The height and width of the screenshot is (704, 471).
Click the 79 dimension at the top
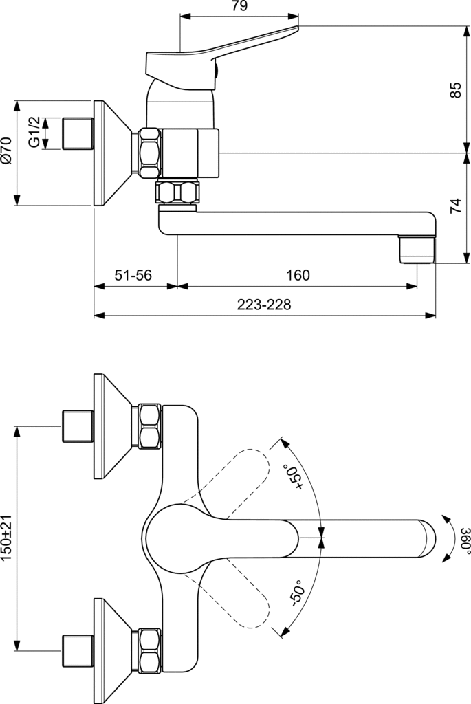coord(239,7)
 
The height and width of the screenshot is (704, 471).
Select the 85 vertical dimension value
coord(455,89)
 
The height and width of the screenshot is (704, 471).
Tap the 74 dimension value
coord(455,207)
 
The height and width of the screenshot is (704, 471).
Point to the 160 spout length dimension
coord(297,275)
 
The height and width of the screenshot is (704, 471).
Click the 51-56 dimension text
coord(133,275)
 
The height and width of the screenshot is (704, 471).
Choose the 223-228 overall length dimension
coord(265,305)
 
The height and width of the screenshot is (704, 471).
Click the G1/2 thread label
coord(33,133)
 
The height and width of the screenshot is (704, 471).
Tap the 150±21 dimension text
coord(8,538)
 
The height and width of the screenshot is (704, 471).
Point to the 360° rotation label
coord(465,540)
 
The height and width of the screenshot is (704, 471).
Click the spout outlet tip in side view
coord(418,249)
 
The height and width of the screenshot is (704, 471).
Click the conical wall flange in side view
coord(110,153)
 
